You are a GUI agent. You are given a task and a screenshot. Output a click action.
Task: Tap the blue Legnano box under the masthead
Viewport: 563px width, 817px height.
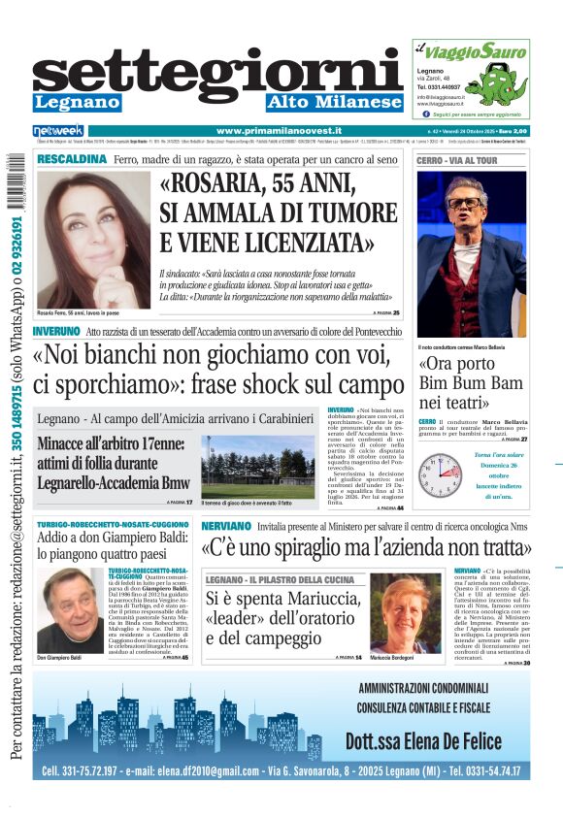[x=77, y=102]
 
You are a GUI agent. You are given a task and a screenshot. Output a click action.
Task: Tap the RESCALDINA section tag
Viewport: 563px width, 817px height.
[x=71, y=157]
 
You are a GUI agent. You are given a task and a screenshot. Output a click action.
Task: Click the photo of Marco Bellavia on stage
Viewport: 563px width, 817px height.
[x=472, y=254]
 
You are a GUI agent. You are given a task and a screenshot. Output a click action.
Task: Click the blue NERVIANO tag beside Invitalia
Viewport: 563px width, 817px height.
[x=226, y=525]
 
